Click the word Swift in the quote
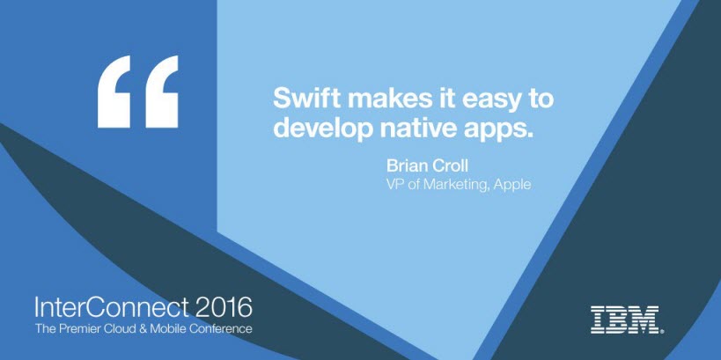(x=300, y=99)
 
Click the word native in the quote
(x=414, y=127)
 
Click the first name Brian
(x=402, y=166)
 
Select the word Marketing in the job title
(x=456, y=185)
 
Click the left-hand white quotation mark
(x=114, y=92)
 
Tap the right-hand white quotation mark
(x=162, y=92)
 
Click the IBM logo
(x=627, y=320)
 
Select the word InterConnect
(x=111, y=307)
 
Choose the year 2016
(x=224, y=307)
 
